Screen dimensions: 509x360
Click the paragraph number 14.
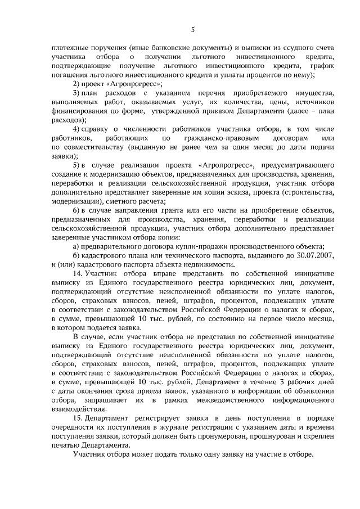78,273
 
